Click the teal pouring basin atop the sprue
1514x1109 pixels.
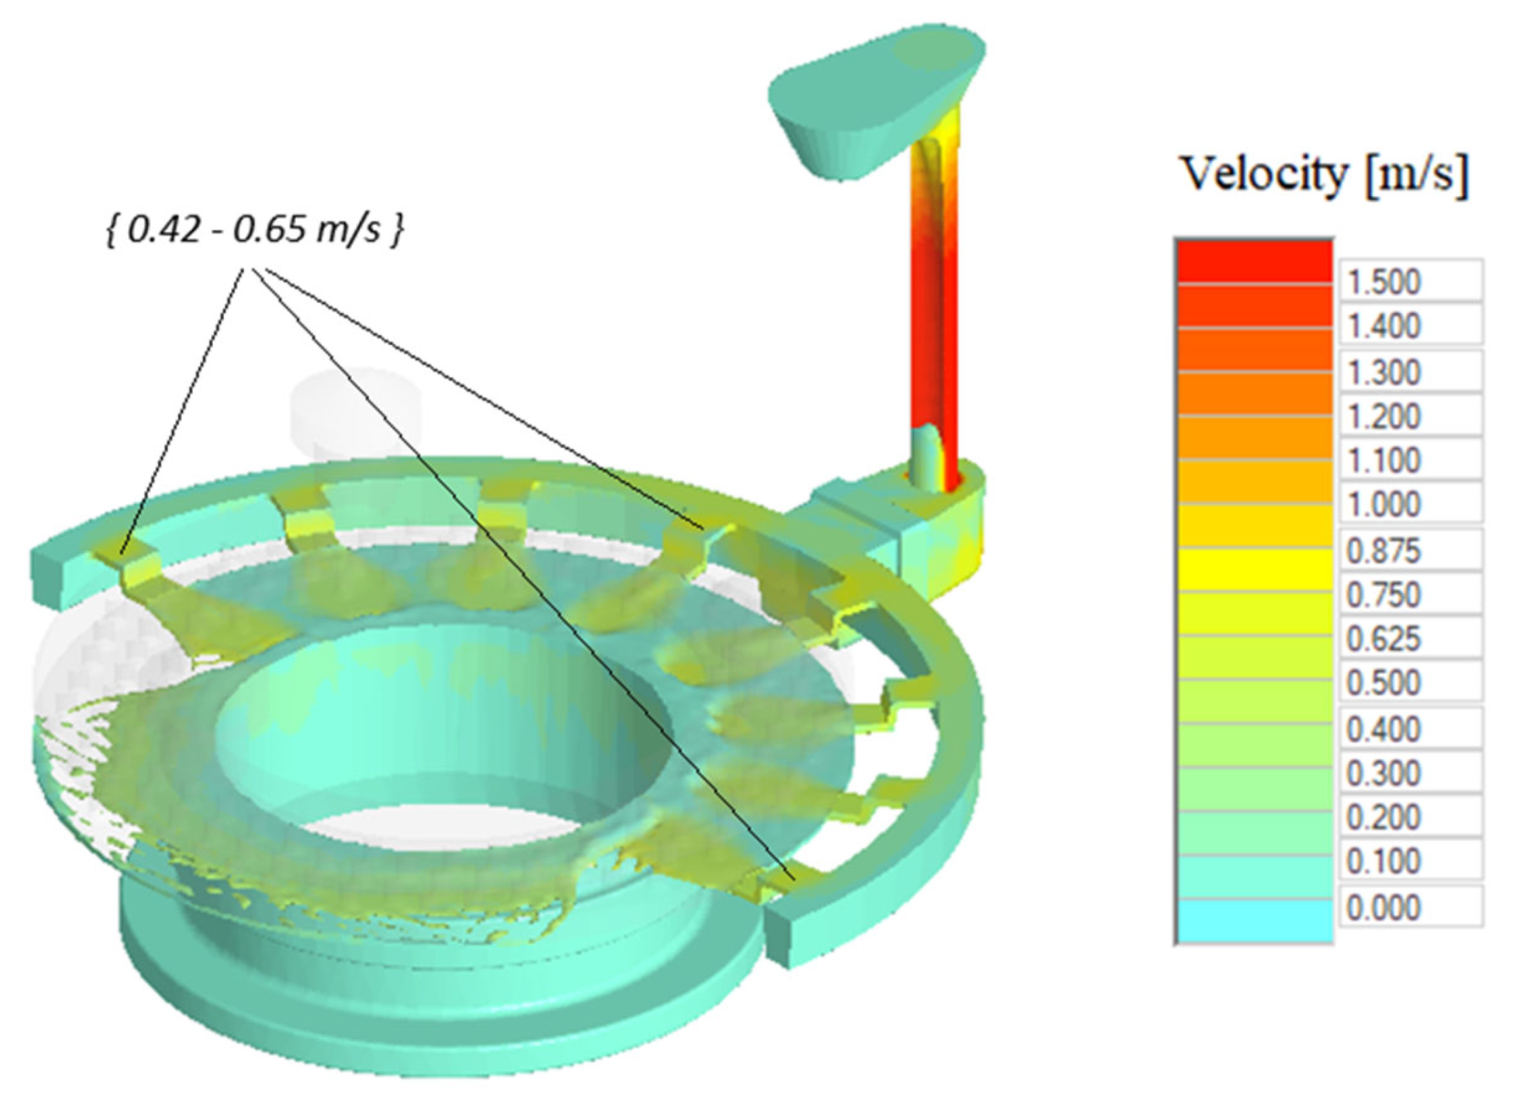(x=873, y=101)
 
